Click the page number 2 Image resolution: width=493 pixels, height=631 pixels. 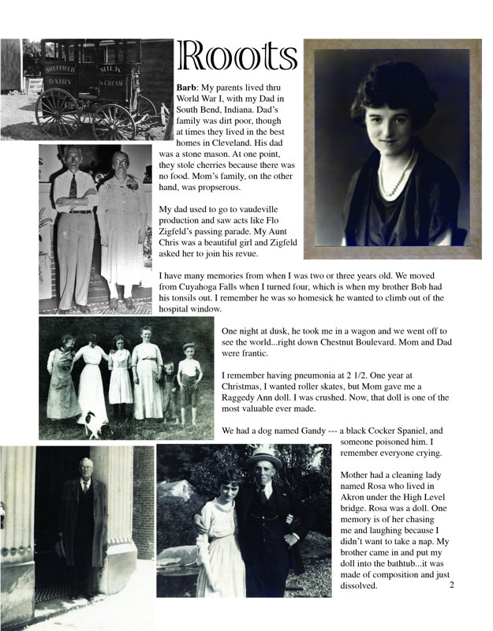[451, 584]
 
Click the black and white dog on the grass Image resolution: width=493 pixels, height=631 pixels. [94, 424]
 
